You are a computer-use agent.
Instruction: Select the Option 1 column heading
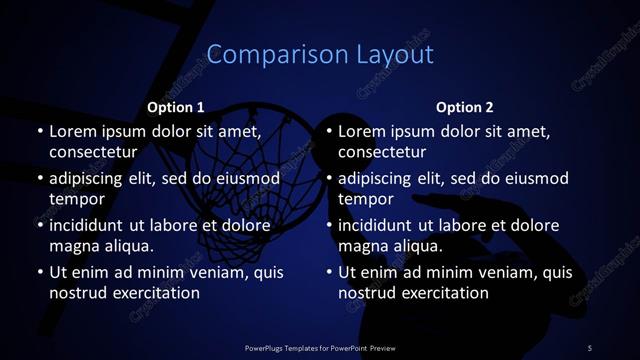click(x=176, y=107)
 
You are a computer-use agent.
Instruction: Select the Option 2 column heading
click(x=465, y=107)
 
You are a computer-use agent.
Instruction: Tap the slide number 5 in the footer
click(x=590, y=347)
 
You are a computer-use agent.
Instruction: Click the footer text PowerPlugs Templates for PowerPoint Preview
click(x=320, y=347)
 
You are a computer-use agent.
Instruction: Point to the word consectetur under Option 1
click(x=92, y=152)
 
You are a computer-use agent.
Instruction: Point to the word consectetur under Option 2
click(x=382, y=152)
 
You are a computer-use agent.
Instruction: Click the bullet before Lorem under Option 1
click(x=39, y=132)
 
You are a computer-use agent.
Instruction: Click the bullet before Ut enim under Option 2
click(x=329, y=273)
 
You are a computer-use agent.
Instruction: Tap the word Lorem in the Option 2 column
click(x=362, y=132)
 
